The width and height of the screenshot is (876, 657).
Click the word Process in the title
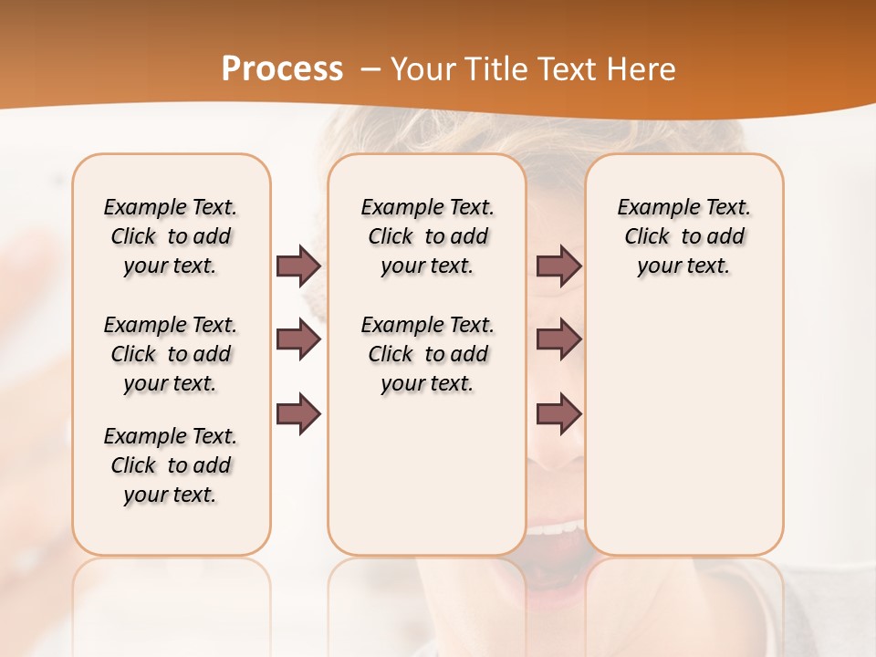point(282,68)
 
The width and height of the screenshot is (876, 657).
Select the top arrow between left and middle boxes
point(298,266)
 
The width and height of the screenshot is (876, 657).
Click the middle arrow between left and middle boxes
point(298,339)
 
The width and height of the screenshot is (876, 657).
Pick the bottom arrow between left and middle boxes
point(298,414)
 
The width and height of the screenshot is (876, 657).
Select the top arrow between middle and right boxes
point(558,266)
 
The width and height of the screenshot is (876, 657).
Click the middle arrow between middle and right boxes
point(558,339)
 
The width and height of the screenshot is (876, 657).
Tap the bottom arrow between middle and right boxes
point(558,414)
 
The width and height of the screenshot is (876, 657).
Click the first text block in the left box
point(171,236)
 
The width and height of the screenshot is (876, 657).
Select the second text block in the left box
point(171,354)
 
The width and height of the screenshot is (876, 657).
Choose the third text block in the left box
point(171,465)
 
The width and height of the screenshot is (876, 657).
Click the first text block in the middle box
point(427,236)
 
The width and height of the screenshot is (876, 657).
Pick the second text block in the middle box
point(427,354)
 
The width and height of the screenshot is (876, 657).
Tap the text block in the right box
point(683,236)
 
